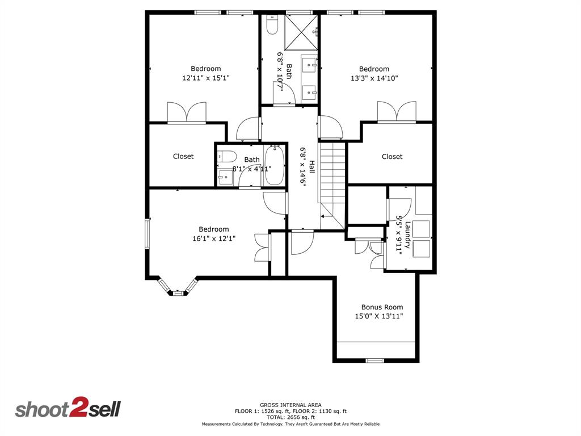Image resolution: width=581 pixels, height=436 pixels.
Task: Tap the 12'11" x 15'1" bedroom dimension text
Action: coord(205,78)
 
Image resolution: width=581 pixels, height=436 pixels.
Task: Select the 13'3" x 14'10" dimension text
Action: coord(374,78)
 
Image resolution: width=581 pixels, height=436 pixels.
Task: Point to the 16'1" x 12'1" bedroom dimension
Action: coord(214,239)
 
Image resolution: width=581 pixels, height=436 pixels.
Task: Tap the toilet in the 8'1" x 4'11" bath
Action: coord(227,156)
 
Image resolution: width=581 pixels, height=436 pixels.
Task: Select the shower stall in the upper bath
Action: coord(301,32)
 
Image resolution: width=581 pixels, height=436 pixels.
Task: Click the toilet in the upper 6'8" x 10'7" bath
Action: coord(271,25)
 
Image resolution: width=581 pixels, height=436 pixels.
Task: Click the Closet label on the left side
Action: coord(183,156)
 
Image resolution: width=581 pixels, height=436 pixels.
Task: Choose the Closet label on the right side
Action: coord(392,157)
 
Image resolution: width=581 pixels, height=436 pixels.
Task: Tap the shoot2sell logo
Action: coord(68,409)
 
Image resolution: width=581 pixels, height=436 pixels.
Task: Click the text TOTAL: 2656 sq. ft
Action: coord(290,417)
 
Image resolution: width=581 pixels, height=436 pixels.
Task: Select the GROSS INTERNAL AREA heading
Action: coord(290,405)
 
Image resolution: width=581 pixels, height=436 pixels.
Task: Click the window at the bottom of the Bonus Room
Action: coord(374,360)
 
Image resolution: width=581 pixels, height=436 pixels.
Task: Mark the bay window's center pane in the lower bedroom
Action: coord(178,293)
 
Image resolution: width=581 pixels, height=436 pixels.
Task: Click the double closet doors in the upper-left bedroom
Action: coord(186,112)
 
